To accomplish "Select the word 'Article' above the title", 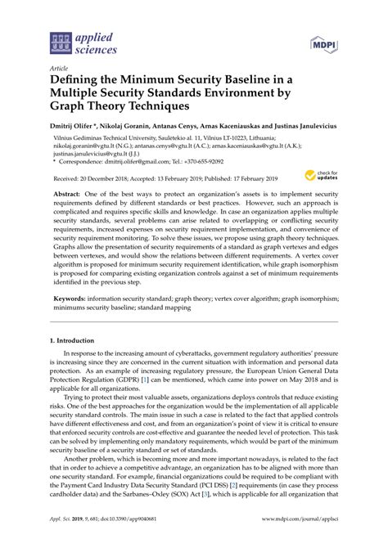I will pos(58,69).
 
